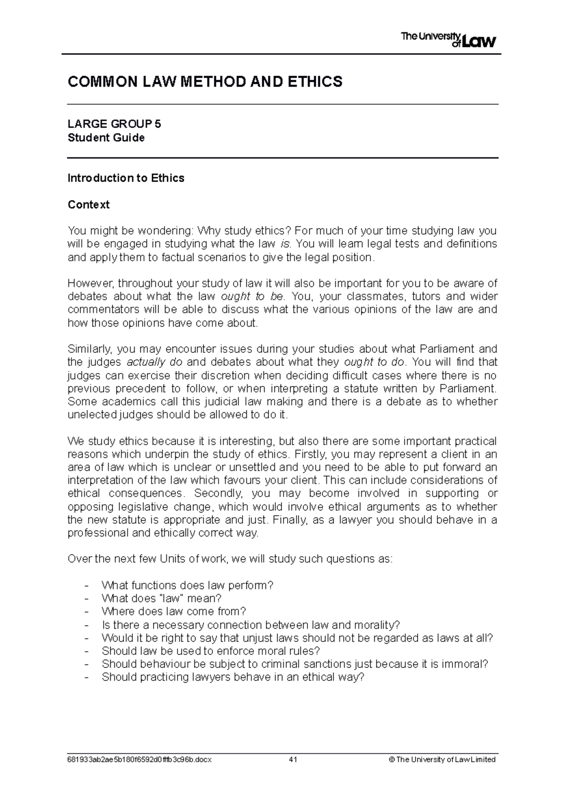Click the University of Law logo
pyautogui.click(x=448, y=40)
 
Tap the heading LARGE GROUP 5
pyautogui.click(x=114, y=124)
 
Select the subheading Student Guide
pyautogui.click(x=106, y=138)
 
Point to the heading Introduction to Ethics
pyautogui.click(x=126, y=178)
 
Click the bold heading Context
pyautogui.click(x=89, y=205)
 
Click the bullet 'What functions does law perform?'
pyautogui.click(x=187, y=585)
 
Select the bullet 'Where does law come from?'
pyautogui.click(x=174, y=612)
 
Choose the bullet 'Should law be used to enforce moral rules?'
pyautogui.click(x=210, y=651)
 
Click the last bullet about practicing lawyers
pyautogui.click(x=233, y=678)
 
